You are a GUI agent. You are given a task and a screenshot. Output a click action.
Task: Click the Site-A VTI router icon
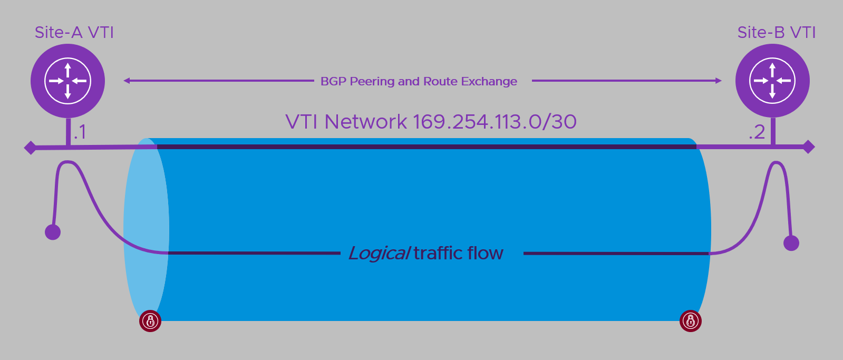[x=67, y=81]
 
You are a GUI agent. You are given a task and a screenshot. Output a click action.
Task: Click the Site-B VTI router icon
[x=772, y=81]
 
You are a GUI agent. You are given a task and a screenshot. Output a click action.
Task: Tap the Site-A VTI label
[x=74, y=33]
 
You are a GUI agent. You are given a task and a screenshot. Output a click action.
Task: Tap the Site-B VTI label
[x=777, y=33]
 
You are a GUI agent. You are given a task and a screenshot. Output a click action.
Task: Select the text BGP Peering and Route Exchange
[x=419, y=81]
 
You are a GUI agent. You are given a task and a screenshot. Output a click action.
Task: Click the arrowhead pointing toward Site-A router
[x=127, y=81]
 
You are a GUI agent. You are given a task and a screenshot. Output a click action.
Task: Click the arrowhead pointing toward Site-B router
[x=718, y=81]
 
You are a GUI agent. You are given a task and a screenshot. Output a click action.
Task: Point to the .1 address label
[x=80, y=132]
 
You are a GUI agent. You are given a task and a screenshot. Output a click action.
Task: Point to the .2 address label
[x=757, y=132]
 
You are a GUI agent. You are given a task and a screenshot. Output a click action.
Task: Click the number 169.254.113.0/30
[x=495, y=122]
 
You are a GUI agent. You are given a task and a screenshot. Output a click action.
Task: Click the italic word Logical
[x=379, y=254]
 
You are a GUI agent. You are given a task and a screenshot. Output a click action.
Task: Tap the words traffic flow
[x=458, y=253]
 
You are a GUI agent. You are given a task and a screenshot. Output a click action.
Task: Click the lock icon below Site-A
[x=150, y=320]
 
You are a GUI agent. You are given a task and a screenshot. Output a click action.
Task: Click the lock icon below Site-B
[x=691, y=320]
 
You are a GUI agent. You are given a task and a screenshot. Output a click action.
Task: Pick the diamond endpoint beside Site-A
[x=31, y=148]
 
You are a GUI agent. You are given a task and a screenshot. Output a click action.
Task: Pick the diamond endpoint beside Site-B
[x=808, y=147]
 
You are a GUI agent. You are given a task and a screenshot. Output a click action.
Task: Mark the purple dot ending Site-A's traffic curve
[x=53, y=232]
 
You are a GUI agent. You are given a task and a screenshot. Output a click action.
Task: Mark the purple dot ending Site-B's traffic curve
[x=791, y=243]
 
